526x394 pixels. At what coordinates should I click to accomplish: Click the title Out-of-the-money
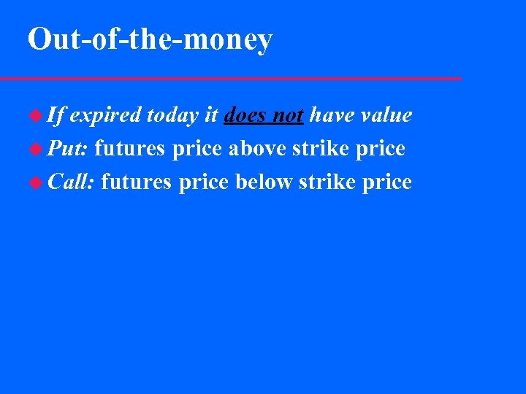pos(150,39)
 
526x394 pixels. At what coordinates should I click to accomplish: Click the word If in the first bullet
pos(56,115)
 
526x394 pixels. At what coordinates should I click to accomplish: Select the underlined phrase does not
pos(264,115)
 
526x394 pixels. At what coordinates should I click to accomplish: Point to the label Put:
pos(68,149)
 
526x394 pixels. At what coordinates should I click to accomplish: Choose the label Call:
pos(72,182)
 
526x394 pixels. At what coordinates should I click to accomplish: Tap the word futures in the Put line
pos(130,149)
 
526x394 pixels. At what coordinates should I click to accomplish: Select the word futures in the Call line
pos(137,182)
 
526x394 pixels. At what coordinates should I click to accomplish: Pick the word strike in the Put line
pos(319,149)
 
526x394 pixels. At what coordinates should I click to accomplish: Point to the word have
pos(332,115)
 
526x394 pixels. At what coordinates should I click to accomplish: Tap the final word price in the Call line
pos(387,182)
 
